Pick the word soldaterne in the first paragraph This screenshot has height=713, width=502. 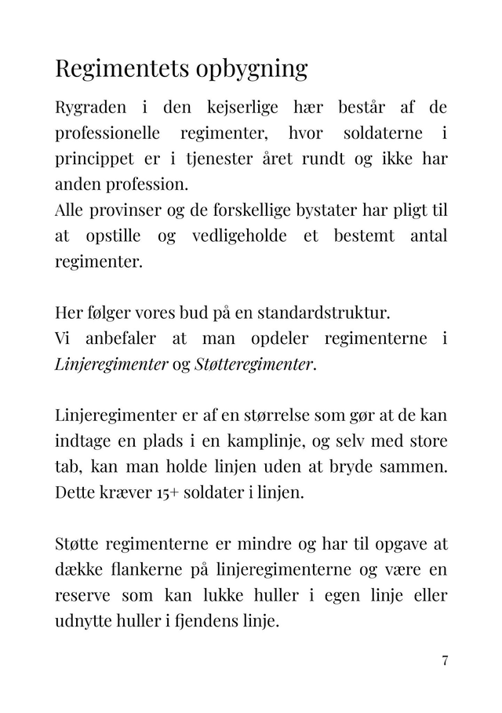(x=383, y=133)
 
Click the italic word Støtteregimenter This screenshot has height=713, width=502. (x=253, y=365)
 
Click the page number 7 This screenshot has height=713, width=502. (x=445, y=660)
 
